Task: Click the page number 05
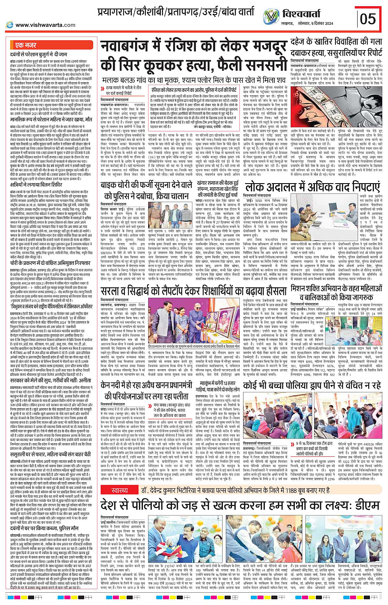pyautogui.click(x=367, y=19)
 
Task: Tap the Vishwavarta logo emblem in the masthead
pyautogui.click(x=271, y=16)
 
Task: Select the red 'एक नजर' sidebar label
pyautogui.click(x=25, y=45)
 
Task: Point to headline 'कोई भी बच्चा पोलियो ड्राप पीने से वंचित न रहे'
pyautogui.click(x=312, y=385)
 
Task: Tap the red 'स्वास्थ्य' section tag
pyautogui.click(x=119, y=490)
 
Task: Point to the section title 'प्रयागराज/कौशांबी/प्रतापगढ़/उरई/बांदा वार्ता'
pyautogui.click(x=176, y=12)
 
